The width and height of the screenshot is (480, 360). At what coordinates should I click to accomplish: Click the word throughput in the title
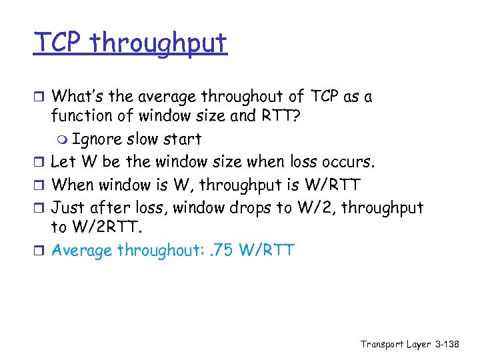coord(159,44)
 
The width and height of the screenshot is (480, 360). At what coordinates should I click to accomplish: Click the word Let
coord(63,161)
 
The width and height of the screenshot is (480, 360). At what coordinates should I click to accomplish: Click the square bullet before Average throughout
coord(42,251)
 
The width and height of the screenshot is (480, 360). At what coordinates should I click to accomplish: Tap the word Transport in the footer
coord(382,344)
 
